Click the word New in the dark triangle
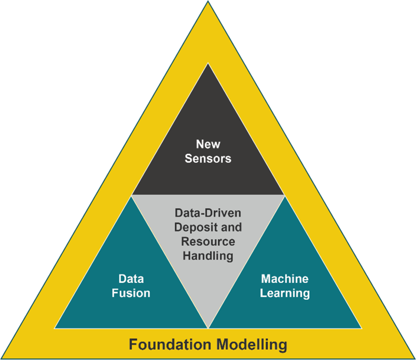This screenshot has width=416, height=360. coord(208,144)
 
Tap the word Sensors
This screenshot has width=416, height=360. coord(208,158)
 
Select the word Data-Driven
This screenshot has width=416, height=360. coord(208,212)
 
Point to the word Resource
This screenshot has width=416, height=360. coord(208,241)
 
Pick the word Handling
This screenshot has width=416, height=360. coord(208,256)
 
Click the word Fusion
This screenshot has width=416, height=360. coord(131,293)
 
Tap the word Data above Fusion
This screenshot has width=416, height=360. coord(131,279)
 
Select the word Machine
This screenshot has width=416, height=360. coord(285,279)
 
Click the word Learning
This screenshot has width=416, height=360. coord(285,293)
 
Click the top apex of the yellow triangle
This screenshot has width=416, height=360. coord(208,2)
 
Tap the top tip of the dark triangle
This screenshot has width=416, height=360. coord(208,64)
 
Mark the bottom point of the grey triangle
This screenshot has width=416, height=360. coord(208,328)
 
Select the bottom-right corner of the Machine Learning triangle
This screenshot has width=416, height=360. coord(361,328)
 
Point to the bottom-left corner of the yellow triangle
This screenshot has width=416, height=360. coord(2,358)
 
